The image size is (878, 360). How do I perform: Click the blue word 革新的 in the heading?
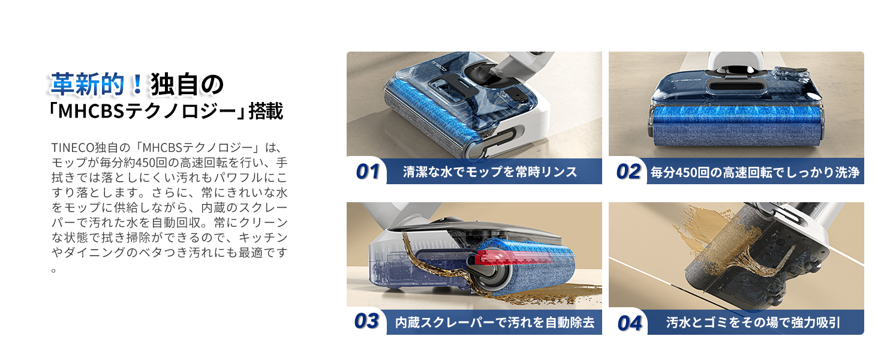point(87,84)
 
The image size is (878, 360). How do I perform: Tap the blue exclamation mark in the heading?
point(137,84)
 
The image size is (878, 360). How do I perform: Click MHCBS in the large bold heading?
point(91,112)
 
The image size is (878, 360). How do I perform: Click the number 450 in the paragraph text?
point(146,163)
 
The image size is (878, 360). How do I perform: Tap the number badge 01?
point(367,172)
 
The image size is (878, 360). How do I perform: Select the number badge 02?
point(629,172)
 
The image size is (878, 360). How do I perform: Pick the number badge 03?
point(366,321)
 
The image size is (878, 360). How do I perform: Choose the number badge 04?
point(630,323)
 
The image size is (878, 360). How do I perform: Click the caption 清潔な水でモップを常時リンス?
point(490,172)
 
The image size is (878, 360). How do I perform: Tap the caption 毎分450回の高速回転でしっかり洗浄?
point(755,172)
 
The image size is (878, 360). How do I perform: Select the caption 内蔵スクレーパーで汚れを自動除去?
point(495,322)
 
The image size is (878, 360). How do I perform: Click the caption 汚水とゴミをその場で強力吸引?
point(753,322)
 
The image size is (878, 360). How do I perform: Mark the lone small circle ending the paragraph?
point(54,270)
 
